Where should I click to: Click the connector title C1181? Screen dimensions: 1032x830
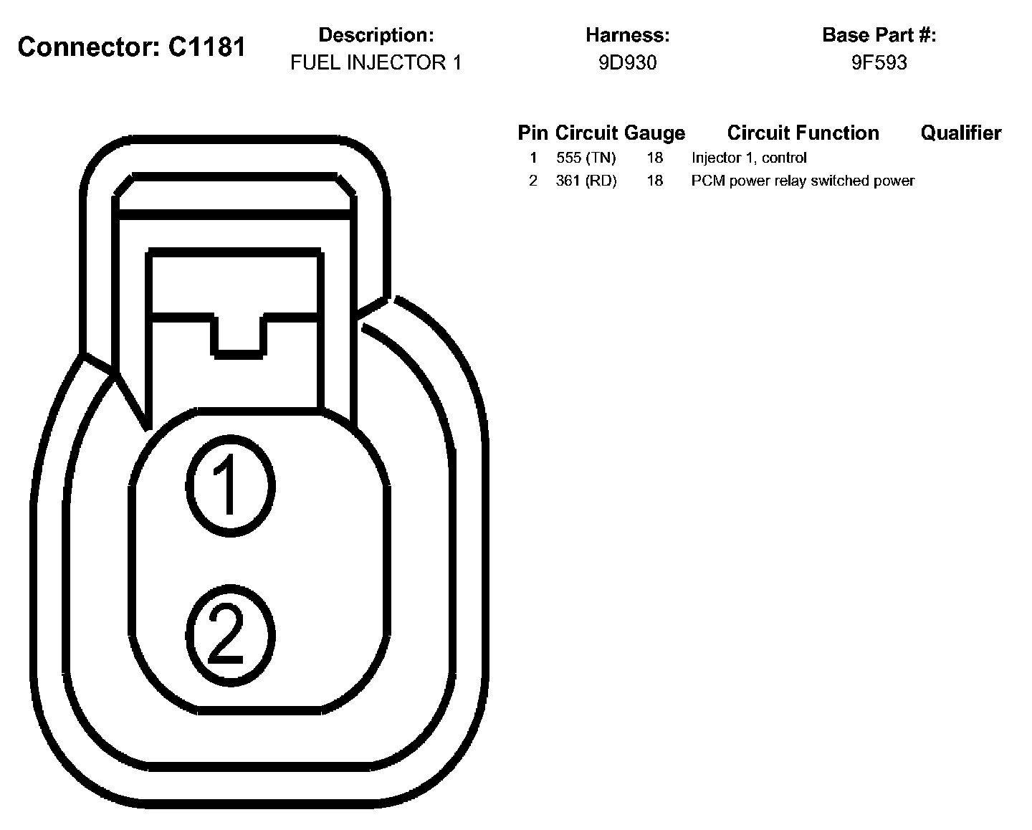tap(131, 47)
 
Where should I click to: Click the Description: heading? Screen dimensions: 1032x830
tap(376, 35)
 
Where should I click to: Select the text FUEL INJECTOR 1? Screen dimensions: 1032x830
tap(376, 63)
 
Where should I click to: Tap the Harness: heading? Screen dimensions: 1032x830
tap(627, 35)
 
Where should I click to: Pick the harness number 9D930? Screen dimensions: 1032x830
tap(627, 63)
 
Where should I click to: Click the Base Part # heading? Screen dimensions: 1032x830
tap(879, 35)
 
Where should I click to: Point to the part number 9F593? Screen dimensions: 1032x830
tap(879, 63)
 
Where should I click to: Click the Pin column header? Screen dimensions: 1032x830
tap(532, 133)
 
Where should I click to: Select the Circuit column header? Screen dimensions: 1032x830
tap(586, 133)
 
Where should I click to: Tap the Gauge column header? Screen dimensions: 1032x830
tap(654, 133)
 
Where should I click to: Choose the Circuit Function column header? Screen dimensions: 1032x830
tap(803, 133)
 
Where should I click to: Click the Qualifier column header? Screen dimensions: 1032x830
tap(960, 133)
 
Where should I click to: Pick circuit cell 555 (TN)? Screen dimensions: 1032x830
tap(586, 158)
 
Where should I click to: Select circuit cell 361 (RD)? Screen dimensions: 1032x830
tap(586, 181)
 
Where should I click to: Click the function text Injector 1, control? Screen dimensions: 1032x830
tap(749, 158)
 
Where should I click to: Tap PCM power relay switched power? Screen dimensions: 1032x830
tap(803, 181)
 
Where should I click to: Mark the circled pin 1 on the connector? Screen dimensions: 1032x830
tap(230, 486)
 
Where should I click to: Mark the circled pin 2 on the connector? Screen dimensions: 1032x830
tap(230, 634)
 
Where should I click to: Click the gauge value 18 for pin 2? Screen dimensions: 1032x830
tap(654, 181)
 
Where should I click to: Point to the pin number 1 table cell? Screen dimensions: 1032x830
tap(533, 158)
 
